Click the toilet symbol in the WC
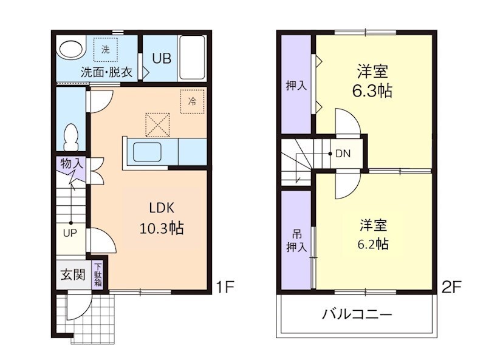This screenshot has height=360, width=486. point(71,137)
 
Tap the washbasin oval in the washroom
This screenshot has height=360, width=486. point(72,49)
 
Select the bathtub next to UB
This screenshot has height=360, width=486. point(193,58)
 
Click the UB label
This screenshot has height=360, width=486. point(162,58)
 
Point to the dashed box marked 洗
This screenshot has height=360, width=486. point(106,50)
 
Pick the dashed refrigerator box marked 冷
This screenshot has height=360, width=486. point(192,101)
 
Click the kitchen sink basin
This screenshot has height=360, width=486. point(147,152)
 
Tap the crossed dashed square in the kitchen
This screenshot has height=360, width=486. point(158,125)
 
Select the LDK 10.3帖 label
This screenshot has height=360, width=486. point(162,218)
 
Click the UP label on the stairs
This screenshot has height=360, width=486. point(70,233)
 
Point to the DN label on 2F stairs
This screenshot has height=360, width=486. point(343,154)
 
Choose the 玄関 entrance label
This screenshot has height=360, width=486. point(72,274)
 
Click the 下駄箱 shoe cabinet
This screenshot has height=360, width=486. point(98,274)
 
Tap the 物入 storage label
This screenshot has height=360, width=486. point(72,163)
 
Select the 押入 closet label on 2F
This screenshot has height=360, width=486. point(296,86)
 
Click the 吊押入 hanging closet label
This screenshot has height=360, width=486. point(296,241)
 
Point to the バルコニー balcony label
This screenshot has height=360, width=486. point(357,314)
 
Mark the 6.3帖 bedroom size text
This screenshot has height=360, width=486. point(372,91)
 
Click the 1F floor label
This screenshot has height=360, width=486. point(225,287)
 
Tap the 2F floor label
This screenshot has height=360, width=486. point(451,287)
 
